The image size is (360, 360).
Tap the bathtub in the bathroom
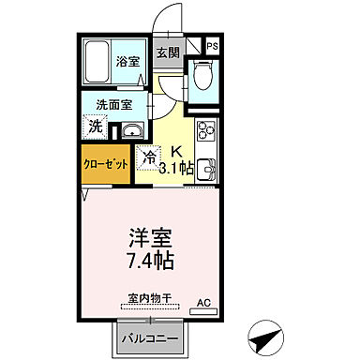[x=98, y=63]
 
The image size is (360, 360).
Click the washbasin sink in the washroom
[x=132, y=129]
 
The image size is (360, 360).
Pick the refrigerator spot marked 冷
[x=148, y=157]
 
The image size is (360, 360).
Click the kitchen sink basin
[x=207, y=170]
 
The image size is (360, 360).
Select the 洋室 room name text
[x=151, y=236]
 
